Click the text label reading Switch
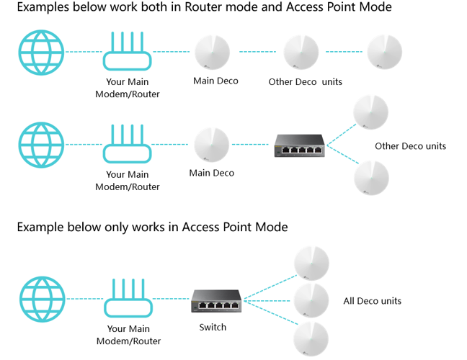tap(213, 327)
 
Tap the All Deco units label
tap(373, 300)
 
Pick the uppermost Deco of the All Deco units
tap(311, 264)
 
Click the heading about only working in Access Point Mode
tap(152, 227)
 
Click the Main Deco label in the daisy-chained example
tap(215, 81)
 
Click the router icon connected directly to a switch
tap(128, 300)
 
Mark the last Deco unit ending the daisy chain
tap(384, 53)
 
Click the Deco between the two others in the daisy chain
tap(301, 53)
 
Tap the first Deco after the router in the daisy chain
tap(213, 53)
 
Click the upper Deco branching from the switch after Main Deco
tap(371, 112)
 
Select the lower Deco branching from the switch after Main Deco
tap(371, 177)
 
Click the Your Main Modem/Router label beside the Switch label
tap(128, 335)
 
